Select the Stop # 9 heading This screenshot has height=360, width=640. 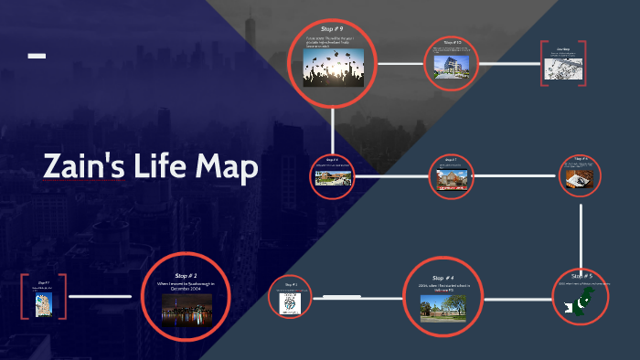[333, 30]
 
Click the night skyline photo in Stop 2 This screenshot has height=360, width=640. [187, 310]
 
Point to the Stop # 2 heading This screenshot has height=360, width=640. [187, 274]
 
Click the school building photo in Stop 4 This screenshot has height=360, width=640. [443, 308]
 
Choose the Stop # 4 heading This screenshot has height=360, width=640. [443, 278]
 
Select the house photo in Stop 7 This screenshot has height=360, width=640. [451, 179]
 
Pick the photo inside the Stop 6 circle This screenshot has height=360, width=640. [333, 178]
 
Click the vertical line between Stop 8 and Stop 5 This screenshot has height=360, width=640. [581, 234]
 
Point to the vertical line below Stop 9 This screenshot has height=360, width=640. [333, 127]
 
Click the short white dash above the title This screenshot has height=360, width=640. [37, 57]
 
